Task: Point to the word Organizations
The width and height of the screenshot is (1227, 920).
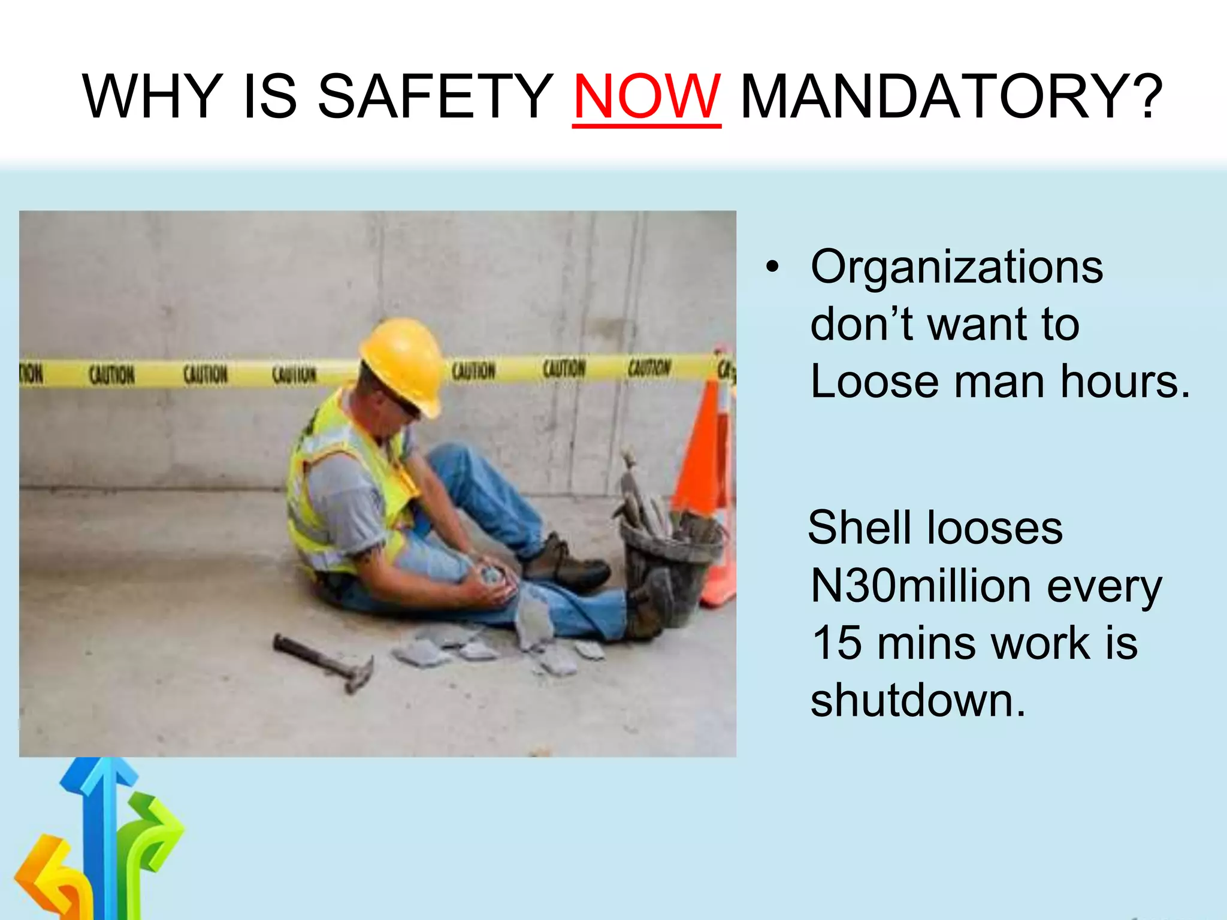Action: tap(957, 267)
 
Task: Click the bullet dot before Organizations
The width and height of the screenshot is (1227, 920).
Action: tap(773, 267)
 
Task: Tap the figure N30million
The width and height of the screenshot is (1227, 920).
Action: tap(920, 586)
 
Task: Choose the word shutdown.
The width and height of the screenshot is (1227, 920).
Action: tap(918, 701)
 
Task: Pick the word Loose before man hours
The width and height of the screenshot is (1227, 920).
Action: tap(874, 382)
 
